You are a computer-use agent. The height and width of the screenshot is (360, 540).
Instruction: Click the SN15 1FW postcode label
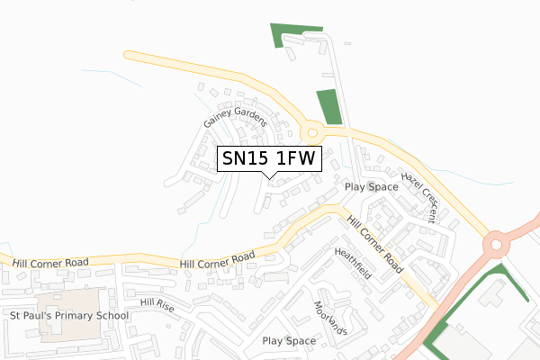268,158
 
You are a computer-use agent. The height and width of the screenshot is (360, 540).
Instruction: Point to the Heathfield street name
353,265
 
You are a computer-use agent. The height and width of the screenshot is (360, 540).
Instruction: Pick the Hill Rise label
157,305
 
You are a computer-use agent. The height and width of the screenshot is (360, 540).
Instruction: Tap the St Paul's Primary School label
70,316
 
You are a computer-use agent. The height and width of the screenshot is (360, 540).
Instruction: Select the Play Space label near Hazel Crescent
372,187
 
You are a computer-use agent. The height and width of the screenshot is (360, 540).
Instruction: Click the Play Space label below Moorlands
289,341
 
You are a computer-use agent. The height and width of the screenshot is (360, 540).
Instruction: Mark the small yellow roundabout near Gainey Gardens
312,132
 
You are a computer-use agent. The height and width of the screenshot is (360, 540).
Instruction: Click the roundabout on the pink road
495,243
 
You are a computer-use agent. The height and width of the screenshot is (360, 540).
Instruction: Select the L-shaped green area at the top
284,33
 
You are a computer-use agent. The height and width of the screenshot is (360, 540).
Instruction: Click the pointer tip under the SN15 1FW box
268,176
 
